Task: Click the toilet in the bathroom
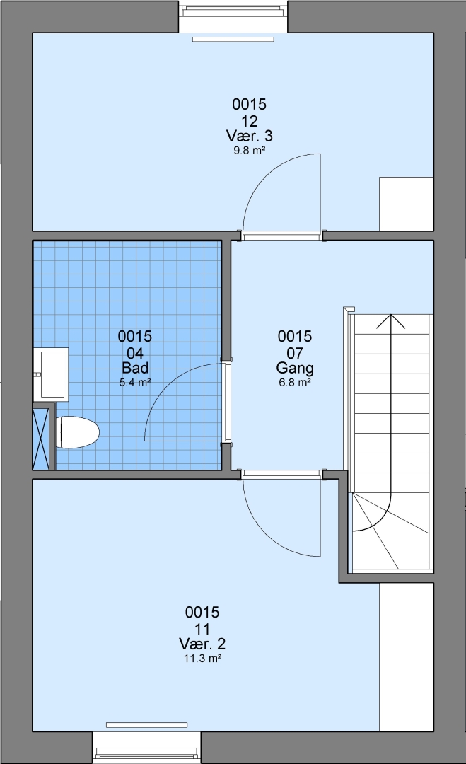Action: pyautogui.click(x=77, y=432)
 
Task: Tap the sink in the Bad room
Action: pyautogui.click(x=51, y=374)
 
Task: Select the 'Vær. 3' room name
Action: pyautogui.click(x=249, y=135)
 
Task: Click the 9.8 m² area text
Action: pyautogui.click(x=249, y=151)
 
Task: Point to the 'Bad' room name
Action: pyautogui.click(x=135, y=367)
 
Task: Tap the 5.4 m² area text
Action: pyautogui.click(x=135, y=383)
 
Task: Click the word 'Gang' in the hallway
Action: pyautogui.click(x=295, y=368)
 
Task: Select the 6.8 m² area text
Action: pyautogui.click(x=295, y=383)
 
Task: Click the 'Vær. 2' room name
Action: pyautogui.click(x=202, y=644)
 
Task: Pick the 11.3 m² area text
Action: pyautogui.click(x=202, y=659)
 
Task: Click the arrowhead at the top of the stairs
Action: pyautogui.click(x=390, y=320)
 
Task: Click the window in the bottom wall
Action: pyautogui.click(x=146, y=747)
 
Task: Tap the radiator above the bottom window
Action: pyautogui.click(x=146, y=725)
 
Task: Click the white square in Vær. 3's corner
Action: pyautogui.click(x=406, y=204)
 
